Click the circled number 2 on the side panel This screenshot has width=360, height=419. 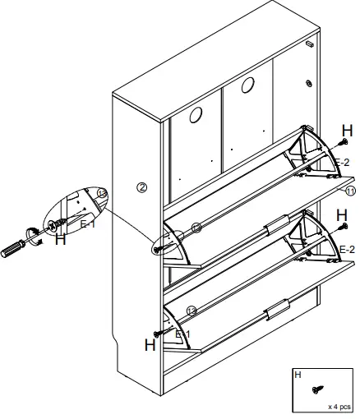pyautogui.click(x=141, y=187)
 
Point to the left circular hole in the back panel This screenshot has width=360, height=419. pyautogui.click(x=196, y=116)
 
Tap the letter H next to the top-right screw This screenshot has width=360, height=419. pyautogui.click(x=347, y=131)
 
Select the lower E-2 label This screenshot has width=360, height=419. pyautogui.click(x=346, y=249)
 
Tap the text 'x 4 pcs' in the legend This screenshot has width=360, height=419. pyautogui.click(x=339, y=406)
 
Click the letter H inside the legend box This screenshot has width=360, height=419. pyautogui.click(x=298, y=375)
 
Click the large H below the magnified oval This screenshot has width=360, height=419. pyautogui.click(x=60, y=241)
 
